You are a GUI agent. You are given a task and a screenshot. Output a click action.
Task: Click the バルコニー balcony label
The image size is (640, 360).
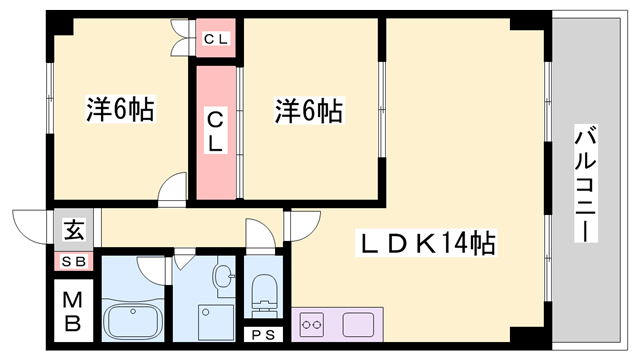click(585, 184)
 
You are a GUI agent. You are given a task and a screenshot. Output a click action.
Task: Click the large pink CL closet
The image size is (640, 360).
click(215, 131)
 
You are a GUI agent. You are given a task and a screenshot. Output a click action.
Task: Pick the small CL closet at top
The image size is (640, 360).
click(215, 40)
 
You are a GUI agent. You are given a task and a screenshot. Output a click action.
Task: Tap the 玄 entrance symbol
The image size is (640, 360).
click(75, 230)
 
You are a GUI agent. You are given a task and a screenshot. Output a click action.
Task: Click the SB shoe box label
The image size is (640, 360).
click(75, 262)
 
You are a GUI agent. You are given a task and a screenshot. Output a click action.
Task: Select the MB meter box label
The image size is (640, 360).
click(75, 311)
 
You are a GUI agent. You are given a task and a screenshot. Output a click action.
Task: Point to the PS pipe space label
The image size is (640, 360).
click(265, 335)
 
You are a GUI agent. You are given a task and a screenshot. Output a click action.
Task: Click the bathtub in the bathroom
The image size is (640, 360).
click(136, 321)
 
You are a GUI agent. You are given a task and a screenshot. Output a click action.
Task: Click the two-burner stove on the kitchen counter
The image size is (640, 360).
click(313, 324)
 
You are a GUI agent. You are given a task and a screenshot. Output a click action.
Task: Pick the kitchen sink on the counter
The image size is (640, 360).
click(357, 324)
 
